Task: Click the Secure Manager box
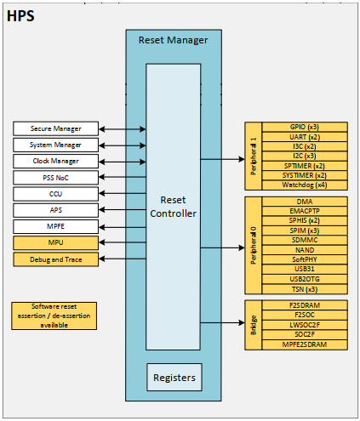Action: tap(56, 128)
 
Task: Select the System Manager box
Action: tap(56, 145)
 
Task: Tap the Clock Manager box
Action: tap(56, 161)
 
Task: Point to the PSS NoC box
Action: tap(56, 177)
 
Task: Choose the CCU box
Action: tap(56, 193)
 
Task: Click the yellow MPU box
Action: tap(56, 242)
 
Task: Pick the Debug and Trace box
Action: tap(56, 259)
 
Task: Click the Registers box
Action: tap(173, 377)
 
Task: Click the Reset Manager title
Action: tap(173, 39)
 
